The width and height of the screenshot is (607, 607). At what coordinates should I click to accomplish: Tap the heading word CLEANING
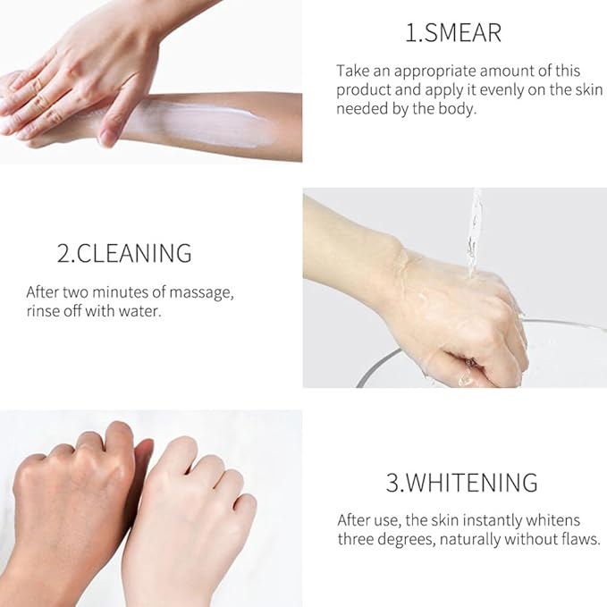[x=134, y=254]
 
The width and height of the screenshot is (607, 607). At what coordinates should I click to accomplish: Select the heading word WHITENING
[x=472, y=482]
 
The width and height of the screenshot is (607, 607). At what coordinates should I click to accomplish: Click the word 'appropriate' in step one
[x=434, y=72]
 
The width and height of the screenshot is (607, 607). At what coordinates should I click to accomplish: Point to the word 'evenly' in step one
[x=502, y=90]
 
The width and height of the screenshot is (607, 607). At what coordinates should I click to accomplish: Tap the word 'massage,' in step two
[x=201, y=293]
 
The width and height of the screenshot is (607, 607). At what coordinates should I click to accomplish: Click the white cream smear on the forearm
[x=201, y=124]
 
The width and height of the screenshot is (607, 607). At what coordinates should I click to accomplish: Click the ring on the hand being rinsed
[x=471, y=363]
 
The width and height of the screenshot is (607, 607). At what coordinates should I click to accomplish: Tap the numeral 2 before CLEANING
[x=63, y=254]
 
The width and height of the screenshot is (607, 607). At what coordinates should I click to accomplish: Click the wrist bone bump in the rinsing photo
[x=395, y=242]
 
